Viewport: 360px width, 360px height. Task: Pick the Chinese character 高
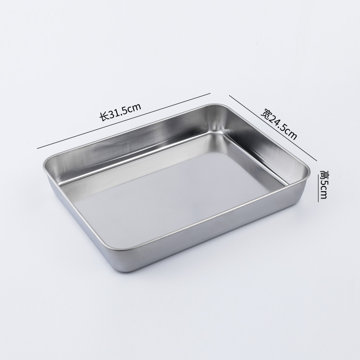pyautogui.click(x=324, y=174)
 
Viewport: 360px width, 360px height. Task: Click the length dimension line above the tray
pyautogui.click(x=124, y=121)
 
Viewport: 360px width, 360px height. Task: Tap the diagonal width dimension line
pyautogui.click(x=273, y=128)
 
